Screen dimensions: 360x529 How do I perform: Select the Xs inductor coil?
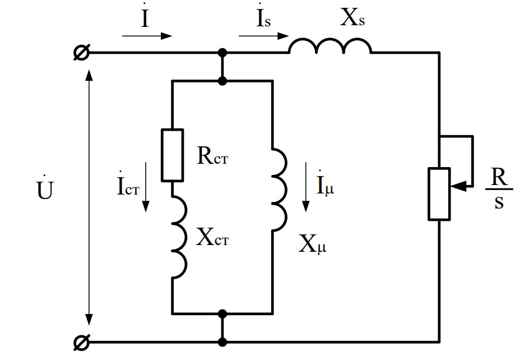pyautogui.click(x=330, y=48)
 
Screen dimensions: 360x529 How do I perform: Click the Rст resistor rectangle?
pyautogui.click(x=172, y=155)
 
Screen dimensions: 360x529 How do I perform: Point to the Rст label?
pyautogui.click(x=214, y=156)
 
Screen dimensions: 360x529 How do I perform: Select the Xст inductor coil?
pyautogui.click(x=178, y=239)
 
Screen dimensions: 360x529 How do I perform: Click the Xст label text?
pyautogui.click(x=213, y=238)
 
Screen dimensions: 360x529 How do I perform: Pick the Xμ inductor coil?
pyautogui.click(x=279, y=188)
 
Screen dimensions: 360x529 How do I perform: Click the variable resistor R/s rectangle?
pyautogui.click(x=439, y=193)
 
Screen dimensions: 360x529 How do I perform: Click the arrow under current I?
pyautogui.click(x=147, y=36)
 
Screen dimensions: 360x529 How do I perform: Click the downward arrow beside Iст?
pyautogui.click(x=146, y=187)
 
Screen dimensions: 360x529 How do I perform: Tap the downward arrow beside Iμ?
pyautogui.click(x=305, y=187)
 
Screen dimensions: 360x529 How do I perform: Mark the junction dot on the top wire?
pyautogui.click(x=222, y=53)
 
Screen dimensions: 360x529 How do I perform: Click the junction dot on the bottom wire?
pyautogui.click(x=222, y=341)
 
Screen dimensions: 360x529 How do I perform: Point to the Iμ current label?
pyautogui.click(x=326, y=184)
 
